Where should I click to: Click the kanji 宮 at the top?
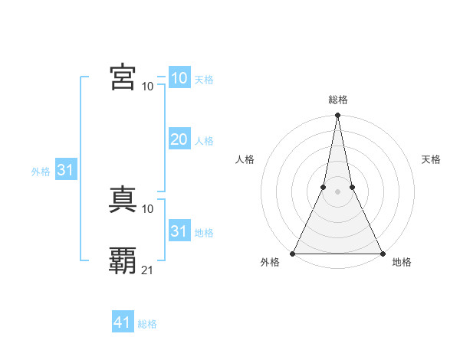tap(123, 77)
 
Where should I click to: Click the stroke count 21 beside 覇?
tap(148, 270)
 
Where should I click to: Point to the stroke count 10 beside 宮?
tap(148, 86)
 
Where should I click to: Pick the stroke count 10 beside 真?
tap(148, 208)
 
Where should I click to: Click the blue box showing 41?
tap(123, 322)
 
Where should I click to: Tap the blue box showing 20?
tap(179, 139)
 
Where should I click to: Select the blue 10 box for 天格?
tap(179, 77)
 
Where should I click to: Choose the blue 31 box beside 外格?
tap(64, 170)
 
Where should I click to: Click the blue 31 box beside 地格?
tap(179, 231)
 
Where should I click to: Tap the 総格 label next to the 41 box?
tap(147, 324)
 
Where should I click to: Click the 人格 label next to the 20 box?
tap(204, 141)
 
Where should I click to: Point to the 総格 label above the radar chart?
tap(337, 100)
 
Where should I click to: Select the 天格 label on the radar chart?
tap(432, 159)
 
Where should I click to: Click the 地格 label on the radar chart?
tap(402, 263)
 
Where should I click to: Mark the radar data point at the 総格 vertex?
tap(337, 116)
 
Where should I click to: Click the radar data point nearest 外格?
tap(293, 253)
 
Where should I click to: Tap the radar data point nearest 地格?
tap(382, 253)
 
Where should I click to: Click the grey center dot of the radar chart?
tap(337, 191)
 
